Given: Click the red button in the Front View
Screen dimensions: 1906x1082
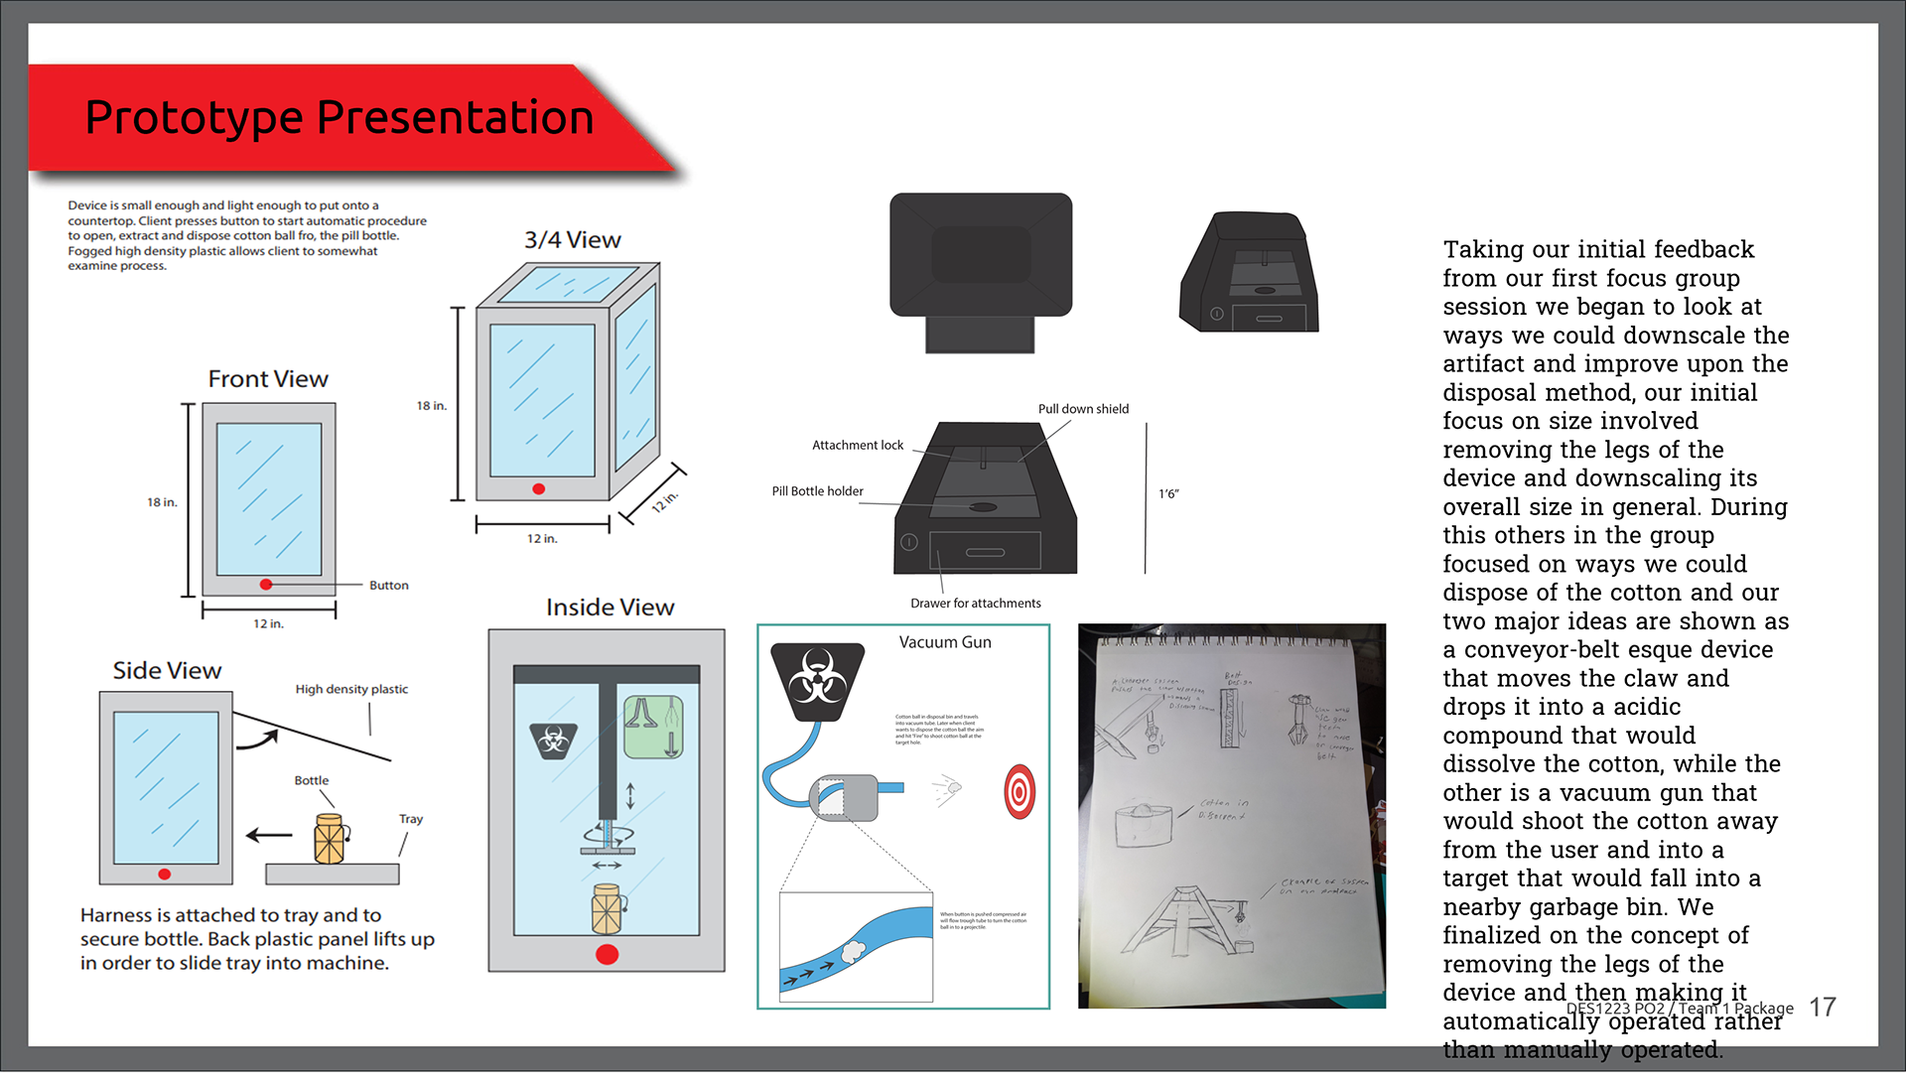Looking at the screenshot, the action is pyautogui.click(x=266, y=585).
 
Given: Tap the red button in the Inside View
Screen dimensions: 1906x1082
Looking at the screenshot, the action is pyautogui.click(x=607, y=954).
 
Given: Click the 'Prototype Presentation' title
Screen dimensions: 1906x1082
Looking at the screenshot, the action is pyautogui.click(x=340, y=117).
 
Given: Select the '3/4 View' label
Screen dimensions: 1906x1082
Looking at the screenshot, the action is pyautogui.click(x=573, y=240).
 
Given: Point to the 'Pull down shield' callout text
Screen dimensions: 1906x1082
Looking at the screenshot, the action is pyautogui.click(x=1083, y=409).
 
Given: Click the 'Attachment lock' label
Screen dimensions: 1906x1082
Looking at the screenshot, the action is pyautogui.click(x=858, y=446).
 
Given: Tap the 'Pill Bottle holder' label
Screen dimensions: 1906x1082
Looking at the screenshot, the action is pyautogui.click(x=817, y=491).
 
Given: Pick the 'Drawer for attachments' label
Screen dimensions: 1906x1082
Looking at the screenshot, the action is pyautogui.click(x=975, y=604).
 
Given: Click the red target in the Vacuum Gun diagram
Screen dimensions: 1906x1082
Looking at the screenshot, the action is pyautogui.click(x=1020, y=791).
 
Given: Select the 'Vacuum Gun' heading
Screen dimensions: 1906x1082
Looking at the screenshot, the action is pyautogui.click(x=945, y=642).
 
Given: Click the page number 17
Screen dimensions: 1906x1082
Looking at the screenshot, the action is pyautogui.click(x=1823, y=1008).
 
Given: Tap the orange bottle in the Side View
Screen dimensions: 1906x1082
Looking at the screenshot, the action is pyautogui.click(x=330, y=839).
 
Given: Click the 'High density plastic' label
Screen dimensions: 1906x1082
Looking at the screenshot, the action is pyautogui.click(x=351, y=689).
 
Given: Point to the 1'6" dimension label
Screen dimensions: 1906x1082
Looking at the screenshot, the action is pyautogui.click(x=1168, y=494).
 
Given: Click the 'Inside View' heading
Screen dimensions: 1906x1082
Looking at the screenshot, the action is pyautogui.click(x=610, y=608).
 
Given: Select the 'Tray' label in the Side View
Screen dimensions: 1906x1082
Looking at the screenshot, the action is pyautogui.click(x=411, y=819).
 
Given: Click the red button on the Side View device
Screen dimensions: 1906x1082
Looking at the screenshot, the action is pyautogui.click(x=165, y=875).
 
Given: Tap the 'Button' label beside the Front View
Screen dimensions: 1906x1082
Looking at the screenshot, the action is pyautogui.click(x=388, y=586).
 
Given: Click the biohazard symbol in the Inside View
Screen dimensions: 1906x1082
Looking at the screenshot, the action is pyautogui.click(x=554, y=740).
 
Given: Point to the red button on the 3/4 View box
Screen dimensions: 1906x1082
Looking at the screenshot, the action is pyautogui.click(x=538, y=488).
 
